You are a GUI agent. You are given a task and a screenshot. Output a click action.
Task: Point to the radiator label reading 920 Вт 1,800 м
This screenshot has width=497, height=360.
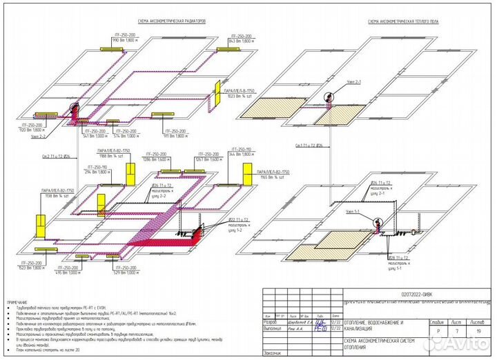pos(30,130)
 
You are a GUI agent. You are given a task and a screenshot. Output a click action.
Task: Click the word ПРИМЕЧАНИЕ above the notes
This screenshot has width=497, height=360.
pos(18,302)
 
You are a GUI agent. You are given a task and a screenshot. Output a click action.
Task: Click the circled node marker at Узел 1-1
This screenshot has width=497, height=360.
pos(377,223)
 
